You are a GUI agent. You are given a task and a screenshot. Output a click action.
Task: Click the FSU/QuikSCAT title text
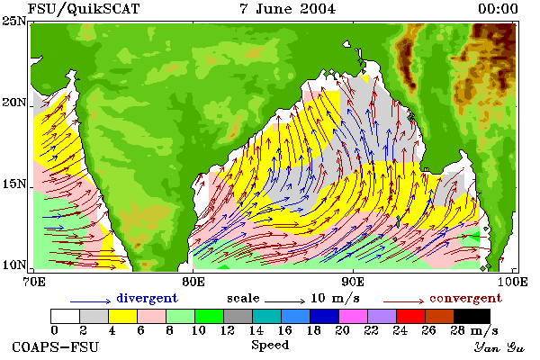click(x=84, y=9)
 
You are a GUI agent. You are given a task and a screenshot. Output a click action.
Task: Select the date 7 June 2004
click(x=287, y=9)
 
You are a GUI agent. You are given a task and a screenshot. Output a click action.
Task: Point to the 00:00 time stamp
click(x=498, y=9)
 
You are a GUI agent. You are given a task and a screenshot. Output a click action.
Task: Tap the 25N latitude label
click(x=13, y=22)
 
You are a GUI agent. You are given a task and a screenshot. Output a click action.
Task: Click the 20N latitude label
click(x=13, y=103)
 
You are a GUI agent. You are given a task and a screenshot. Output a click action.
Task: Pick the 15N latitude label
click(x=13, y=184)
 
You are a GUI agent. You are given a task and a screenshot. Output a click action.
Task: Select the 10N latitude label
click(x=13, y=265)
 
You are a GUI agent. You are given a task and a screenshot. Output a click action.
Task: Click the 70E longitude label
click(x=34, y=282)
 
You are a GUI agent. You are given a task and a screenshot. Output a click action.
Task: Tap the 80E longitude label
click(x=193, y=282)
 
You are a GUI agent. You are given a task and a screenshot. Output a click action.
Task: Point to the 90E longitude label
click(x=353, y=282)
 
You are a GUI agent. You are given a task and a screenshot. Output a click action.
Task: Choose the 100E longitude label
click(x=513, y=282)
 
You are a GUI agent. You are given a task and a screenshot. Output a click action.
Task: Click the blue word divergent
click(x=147, y=298)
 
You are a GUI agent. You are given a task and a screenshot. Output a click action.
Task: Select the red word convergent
click(x=465, y=298)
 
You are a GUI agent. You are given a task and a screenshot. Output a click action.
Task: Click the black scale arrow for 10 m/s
click(x=284, y=301)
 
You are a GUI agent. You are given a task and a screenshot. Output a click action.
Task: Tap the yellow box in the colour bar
click(x=123, y=316)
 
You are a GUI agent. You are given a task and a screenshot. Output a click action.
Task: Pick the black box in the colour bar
click(x=472, y=316)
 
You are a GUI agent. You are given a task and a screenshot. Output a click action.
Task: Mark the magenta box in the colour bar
click(x=354, y=316)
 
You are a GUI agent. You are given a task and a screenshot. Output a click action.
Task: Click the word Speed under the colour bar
click(x=270, y=346)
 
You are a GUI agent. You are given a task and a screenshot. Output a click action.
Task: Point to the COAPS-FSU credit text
click(x=56, y=346)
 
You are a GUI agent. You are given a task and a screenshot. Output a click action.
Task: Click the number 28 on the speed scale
click(x=458, y=330)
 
